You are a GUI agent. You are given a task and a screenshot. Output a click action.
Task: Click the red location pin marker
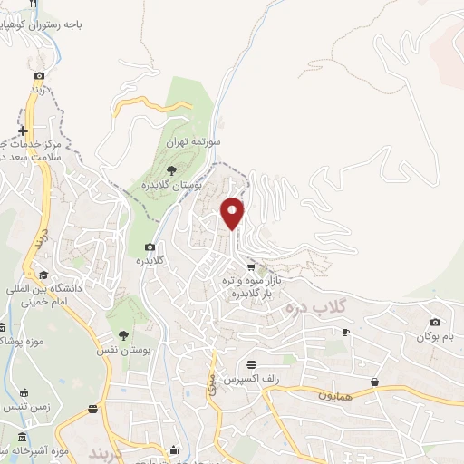click(234, 212)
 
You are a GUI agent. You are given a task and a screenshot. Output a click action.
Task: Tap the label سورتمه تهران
click(189, 143)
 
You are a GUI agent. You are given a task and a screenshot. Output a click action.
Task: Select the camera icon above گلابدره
click(150, 247)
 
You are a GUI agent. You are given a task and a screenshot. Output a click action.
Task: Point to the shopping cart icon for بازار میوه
click(251, 267)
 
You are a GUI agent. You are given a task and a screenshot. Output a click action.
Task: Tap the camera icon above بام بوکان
click(436, 322)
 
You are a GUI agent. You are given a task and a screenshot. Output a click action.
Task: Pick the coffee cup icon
click(345, 333)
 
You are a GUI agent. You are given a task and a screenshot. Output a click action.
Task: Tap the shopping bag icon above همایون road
click(374, 382)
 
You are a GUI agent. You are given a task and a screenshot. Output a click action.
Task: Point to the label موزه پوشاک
click(18, 341)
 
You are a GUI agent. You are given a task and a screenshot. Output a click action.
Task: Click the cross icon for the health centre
click(24, 130)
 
